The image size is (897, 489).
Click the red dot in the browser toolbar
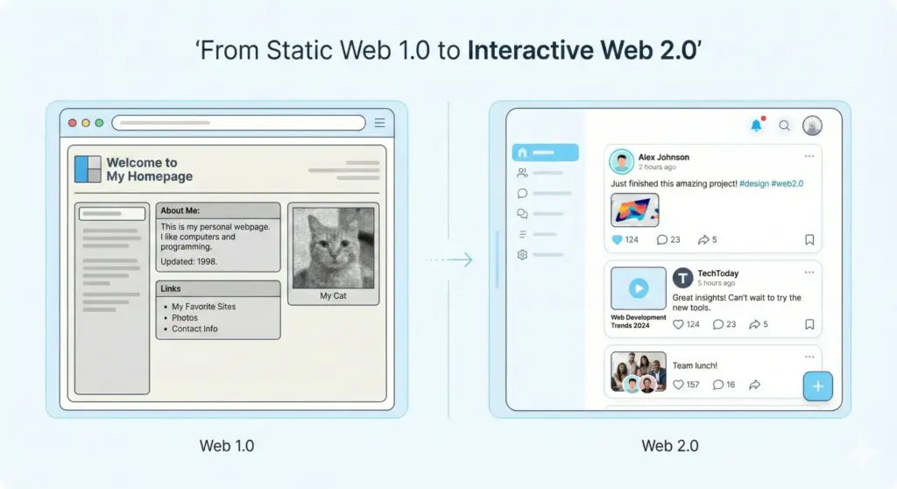73,123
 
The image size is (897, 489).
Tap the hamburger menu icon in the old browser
379,123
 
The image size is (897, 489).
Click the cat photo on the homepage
333,248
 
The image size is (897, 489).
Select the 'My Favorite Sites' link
203,307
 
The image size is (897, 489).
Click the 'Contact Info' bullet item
194,329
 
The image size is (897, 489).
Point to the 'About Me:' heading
180,210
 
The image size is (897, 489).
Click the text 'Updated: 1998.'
188,261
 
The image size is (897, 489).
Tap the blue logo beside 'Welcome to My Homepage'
88,168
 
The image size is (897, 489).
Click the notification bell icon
756,125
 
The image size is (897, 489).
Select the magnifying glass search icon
785,125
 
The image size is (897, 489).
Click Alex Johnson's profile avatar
622,161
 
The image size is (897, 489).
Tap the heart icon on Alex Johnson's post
617,239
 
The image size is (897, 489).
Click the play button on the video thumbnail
639,287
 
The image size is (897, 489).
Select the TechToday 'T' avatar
682,278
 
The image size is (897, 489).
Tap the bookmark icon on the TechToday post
809,324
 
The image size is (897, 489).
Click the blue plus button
818,386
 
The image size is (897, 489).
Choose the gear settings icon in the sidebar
522,255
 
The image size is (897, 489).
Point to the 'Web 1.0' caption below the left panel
227,445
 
